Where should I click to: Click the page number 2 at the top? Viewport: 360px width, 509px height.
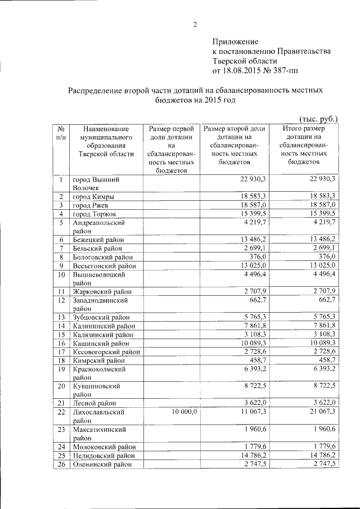click(x=195, y=24)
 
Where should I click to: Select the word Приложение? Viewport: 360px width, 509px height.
click(x=235, y=42)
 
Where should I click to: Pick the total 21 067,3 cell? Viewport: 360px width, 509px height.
click(x=319, y=412)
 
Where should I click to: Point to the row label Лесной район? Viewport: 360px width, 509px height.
click(x=94, y=403)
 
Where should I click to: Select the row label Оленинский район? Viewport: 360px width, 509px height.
click(x=102, y=464)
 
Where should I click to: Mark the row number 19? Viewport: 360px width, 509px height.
click(x=60, y=369)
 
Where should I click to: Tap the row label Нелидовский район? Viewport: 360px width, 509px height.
click(x=103, y=455)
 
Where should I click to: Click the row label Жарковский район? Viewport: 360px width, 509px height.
click(x=101, y=291)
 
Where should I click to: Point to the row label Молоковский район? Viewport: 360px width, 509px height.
click(x=103, y=447)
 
